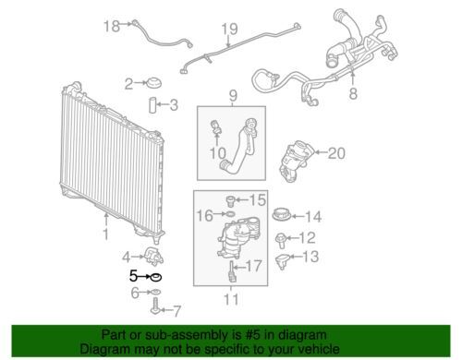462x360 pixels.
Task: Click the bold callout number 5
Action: pyautogui.click(x=133, y=275)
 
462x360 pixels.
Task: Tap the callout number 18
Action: pyautogui.click(x=112, y=26)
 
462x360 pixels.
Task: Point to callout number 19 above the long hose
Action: pyautogui.click(x=229, y=29)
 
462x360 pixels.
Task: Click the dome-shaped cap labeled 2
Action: pyautogui.click(x=153, y=83)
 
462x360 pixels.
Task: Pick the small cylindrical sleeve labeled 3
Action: pyautogui.click(x=153, y=105)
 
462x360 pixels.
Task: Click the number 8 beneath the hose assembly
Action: pyautogui.click(x=353, y=92)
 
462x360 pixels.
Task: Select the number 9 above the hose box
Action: pyautogui.click(x=233, y=96)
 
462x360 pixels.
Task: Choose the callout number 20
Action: pyautogui.click(x=336, y=153)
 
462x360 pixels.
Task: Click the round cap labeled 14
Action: pyautogui.click(x=282, y=214)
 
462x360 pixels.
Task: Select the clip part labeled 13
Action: pyautogui.click(x=282, y=261)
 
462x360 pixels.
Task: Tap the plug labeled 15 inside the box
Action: pyautogui.click(x=230, y=201)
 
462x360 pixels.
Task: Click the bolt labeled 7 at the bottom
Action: pyautogui.click(x=155, y=306)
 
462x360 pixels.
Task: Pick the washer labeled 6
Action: pyautogui.click(x=156, y=292)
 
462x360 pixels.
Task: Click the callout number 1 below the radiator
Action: pyautogui.click(x=106, y=234)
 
